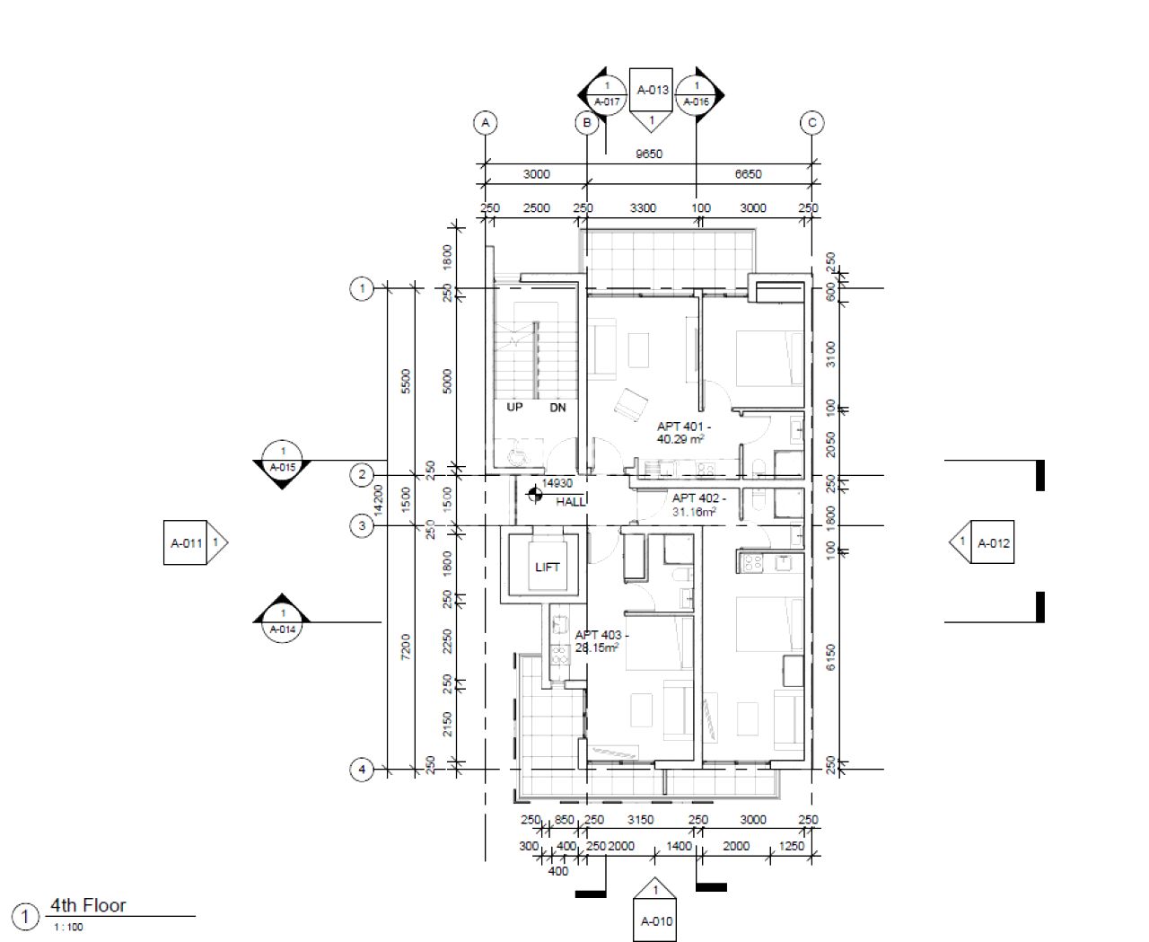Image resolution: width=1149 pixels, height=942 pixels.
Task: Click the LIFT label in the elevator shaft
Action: pyautogui.click(x=547, y=567)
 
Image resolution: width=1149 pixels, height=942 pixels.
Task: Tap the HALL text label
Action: pyautogui.click(x=570, y=502)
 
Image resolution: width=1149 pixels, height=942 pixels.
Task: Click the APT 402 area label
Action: pyautogui.click(x=697, y=505)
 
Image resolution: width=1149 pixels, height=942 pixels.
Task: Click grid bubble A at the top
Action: pyautogui.click(x=486, y=123)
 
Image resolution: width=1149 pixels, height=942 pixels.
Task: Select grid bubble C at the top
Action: pyautogui.click(x=811, y=123)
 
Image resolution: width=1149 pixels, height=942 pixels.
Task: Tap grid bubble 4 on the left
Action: pyautogui.click(x=361, y=770)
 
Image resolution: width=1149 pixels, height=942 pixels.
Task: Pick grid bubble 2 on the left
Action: pyautogui.click(x=361, y=475)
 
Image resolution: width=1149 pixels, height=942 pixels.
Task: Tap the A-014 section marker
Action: pyautogui.click(x=283, y=619)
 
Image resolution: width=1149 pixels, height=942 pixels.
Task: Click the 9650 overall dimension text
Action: pyautogui.click(x=648, y=154)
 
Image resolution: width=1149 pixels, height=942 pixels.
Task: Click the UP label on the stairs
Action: pyautogui.click(x=514, y=407)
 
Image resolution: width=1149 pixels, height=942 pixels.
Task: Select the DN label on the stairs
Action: pyautogui.click(x=557, y=407)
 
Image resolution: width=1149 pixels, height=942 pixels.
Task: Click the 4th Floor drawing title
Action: pyautogui.click(x=88, y=905)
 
